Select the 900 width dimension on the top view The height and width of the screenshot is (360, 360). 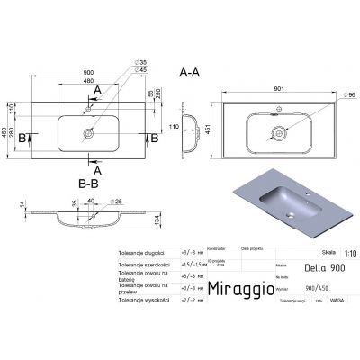coord(87,73)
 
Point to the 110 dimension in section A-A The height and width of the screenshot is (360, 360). coord(169,128)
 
